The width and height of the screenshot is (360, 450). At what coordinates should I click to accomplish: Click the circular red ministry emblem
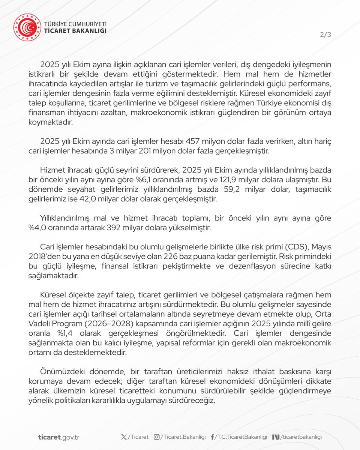[27, 27]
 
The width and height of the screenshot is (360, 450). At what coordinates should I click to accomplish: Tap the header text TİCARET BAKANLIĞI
[75, 31]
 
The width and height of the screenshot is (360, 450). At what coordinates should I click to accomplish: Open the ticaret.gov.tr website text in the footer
[58, 437]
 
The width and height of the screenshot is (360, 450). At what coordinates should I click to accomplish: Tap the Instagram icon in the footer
[157, 437]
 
